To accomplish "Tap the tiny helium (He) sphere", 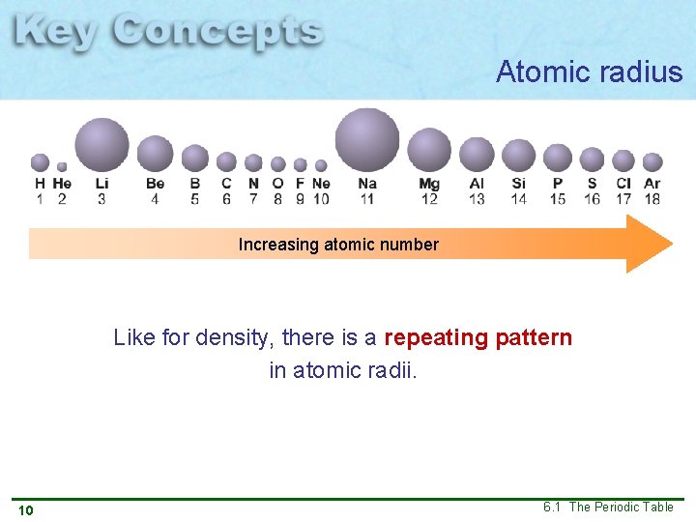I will (62, 166).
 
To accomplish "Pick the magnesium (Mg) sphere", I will (429, 150).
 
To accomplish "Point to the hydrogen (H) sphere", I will (40, 162).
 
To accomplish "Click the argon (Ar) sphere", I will (652, 161).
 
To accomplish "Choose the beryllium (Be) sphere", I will (155, 154).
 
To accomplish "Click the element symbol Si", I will (519, 184).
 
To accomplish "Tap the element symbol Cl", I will (623, 184).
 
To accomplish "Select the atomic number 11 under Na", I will (366, 199).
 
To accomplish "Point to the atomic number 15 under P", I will (558, 199).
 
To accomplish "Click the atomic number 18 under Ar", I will (652, 199).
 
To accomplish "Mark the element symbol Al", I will (477, 184).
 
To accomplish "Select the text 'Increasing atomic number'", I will (338, 245).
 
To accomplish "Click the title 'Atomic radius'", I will (589, 72).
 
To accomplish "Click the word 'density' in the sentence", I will (228, 338).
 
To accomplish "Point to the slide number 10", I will (25, 510).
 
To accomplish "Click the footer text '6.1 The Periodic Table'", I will (608, 507).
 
